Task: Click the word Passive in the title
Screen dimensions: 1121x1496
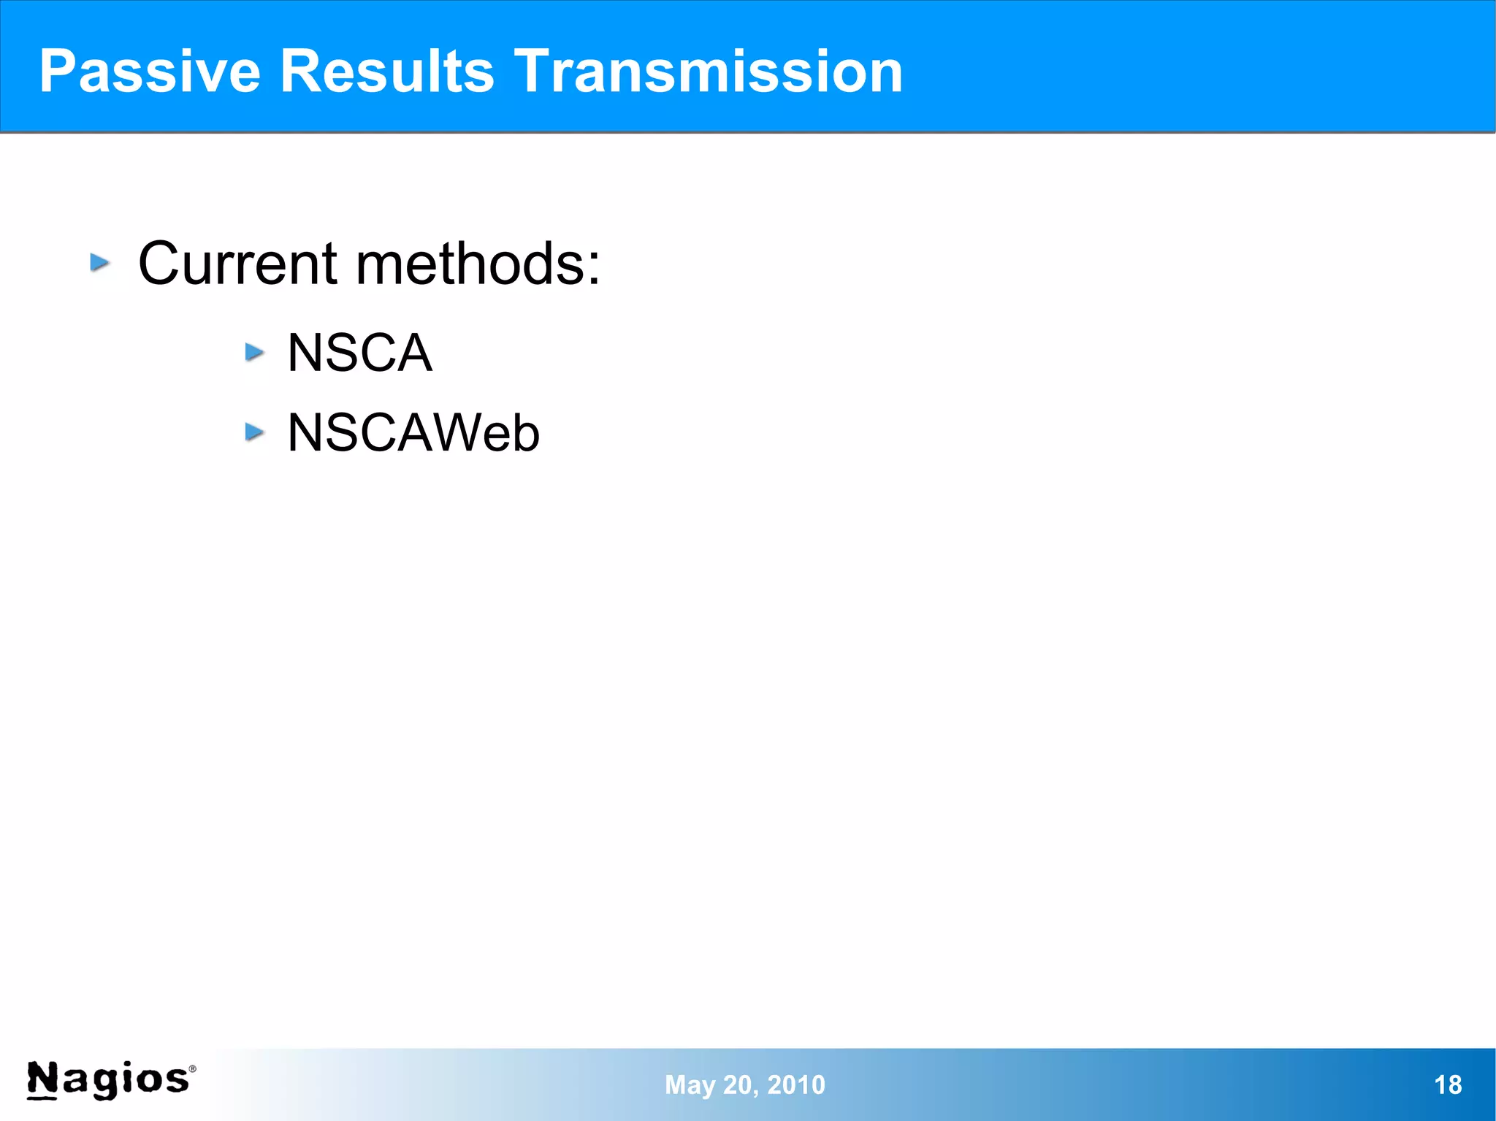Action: coord(150,72)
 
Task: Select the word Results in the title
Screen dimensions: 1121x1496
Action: coord(387,72)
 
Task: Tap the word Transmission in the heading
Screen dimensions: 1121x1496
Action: coord(708,72)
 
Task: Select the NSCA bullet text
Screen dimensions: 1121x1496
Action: coord(359,353)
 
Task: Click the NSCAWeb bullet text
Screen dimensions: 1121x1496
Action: coord(413,433)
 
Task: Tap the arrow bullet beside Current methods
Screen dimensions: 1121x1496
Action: coord(100,262)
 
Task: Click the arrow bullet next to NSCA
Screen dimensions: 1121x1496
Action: coord(254,353)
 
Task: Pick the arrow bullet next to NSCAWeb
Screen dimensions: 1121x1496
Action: coord(254,432)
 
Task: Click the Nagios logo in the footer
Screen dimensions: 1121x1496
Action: coord(110,1080)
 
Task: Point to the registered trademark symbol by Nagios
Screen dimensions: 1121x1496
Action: coord(193,1068)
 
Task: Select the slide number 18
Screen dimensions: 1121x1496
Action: coord(1448,1085)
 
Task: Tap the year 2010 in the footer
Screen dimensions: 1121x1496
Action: coord(796,1085)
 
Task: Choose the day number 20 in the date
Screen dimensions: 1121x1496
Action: coord(738,1085)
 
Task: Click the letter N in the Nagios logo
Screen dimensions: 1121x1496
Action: coord(42,1079)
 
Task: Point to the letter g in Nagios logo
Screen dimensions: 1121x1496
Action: coord(107,1082)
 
